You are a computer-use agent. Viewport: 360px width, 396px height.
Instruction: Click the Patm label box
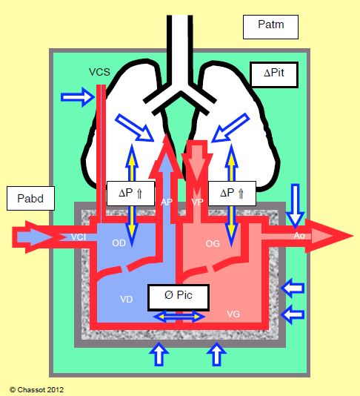click(x=270, y=27)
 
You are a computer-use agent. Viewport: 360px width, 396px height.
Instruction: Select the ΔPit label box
click(x=274, y=75)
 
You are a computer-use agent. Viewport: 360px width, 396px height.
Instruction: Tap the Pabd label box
click(x=30, y=198)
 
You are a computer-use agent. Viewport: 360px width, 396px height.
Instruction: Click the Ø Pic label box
click(x=179, y=297)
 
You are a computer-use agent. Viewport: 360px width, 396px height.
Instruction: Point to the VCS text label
click(x=99, y=72)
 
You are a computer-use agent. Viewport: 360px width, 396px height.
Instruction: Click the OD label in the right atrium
click(x=119, y=243)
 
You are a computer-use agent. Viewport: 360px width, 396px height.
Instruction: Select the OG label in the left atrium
click(x=213, y=244)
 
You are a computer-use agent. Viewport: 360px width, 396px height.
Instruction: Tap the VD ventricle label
click(x=127, y=300)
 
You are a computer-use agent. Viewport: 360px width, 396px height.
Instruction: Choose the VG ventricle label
click(x=233, y=314)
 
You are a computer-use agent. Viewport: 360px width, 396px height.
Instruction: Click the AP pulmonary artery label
click(x=167, y=202)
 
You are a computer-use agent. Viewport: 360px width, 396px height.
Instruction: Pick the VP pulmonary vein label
click(x=197, y=202)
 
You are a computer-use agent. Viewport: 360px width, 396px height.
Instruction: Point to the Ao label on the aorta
click(x=299, y=236)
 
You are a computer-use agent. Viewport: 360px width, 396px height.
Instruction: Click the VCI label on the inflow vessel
click(x=79, y=237)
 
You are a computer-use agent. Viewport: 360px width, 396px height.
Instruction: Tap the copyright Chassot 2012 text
click(x=36, y=389)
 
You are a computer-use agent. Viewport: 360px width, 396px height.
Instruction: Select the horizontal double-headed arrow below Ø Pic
click(x=179, y=317)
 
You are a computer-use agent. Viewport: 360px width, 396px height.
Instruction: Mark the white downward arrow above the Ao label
click(x=295, y=205)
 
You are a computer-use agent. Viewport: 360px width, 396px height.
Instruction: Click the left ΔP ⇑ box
click(x=130, y=194)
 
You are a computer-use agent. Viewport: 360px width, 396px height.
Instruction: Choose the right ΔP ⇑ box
click(x=232, y=194)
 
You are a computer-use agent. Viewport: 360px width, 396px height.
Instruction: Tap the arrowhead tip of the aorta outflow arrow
click(x=352, y=236)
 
